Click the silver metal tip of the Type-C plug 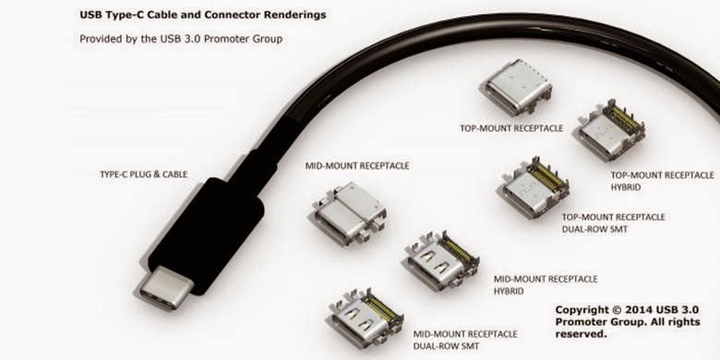[165, 287]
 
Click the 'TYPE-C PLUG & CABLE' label [144, 174]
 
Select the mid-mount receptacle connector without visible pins [349, 213]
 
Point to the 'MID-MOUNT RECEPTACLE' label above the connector [357, 165]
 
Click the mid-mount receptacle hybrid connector [441, 261]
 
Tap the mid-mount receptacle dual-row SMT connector [366, 318]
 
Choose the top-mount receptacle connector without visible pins [518, 88]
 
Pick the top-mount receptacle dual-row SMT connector [534, 187]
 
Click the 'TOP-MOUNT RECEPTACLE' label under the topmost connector [511, 128]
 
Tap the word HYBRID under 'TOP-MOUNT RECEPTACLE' [626, 187]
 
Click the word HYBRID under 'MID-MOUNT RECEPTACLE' [509, 291]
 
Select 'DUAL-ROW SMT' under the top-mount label [594, 229]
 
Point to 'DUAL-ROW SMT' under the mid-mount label [446, 346]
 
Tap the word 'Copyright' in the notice [582, 310]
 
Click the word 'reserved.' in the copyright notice [581, 334]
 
